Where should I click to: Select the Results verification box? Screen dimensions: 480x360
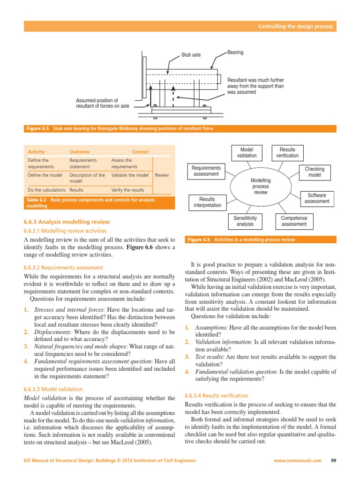[x=287, y=153]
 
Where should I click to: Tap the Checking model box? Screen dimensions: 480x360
[x=315, y=172]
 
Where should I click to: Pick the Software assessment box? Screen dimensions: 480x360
[x=317, y=198]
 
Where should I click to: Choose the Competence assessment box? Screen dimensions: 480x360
[x=294, y=221]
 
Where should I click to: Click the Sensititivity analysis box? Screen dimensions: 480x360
[x=245, y=221]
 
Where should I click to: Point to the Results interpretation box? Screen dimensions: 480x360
[x=207, y=202]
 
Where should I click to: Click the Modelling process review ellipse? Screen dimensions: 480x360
[x=260, y=186]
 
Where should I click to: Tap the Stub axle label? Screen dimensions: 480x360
[x=191, y=55]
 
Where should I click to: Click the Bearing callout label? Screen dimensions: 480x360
[x=235, y=52]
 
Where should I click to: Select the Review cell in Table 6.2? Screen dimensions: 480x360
[x=162, y=175]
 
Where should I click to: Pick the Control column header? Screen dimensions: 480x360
[x=140, y=152]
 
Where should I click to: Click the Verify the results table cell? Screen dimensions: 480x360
[x=128, y=190]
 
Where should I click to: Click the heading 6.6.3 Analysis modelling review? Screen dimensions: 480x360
[x=67, y=222]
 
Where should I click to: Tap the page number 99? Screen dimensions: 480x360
[x=334, y=460]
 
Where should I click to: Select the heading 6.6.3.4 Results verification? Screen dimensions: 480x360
[x=217, y=396]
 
